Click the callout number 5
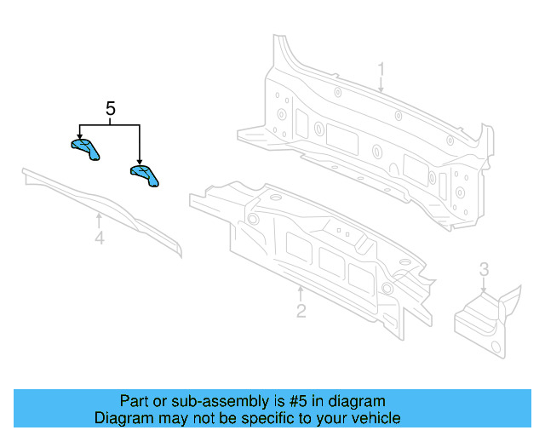coord(110,109)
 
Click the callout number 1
coord(381,69)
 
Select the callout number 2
coord(301,311)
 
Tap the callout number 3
coord(484,270)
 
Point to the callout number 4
coord(99,239)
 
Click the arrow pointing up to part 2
coord(301,292)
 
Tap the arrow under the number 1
coord(381,85)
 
